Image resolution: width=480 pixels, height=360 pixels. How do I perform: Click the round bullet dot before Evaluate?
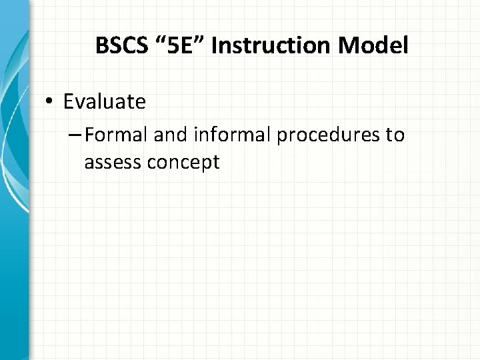tap(51, 102)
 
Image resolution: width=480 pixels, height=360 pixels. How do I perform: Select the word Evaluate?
tap(104, 101)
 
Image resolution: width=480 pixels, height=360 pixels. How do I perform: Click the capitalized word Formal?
tap(117, 135)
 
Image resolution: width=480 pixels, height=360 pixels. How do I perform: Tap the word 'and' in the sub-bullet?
tap(172, 135)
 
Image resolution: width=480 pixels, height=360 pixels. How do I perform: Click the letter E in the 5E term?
tap(180, 46)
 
